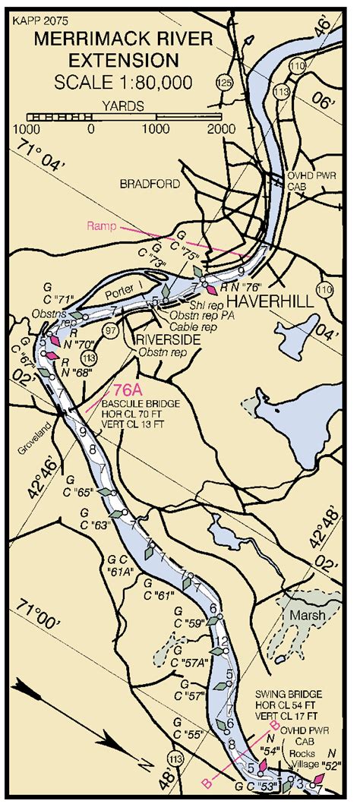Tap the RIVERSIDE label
(166, 339)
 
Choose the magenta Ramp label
(101, 226)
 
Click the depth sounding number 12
(222, 642)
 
